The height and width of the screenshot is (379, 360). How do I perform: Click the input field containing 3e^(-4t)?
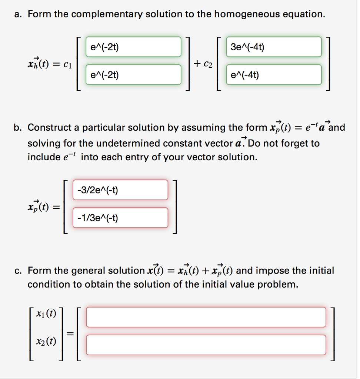pos(274,47)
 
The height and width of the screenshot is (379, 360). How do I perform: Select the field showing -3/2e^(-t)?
pos(120,190)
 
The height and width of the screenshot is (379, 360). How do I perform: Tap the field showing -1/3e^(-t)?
pos(120,218)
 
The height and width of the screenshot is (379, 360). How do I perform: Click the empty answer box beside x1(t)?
pos(206,317)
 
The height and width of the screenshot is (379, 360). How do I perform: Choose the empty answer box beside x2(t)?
pos(206,345)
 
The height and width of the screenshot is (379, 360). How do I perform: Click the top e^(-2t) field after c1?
pos(133,47)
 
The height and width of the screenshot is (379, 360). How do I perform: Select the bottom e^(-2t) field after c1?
pos(133,75)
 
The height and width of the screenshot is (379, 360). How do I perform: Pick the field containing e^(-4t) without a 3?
pos(274,75)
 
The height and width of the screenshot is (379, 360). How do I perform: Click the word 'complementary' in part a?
pos(105,14)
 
